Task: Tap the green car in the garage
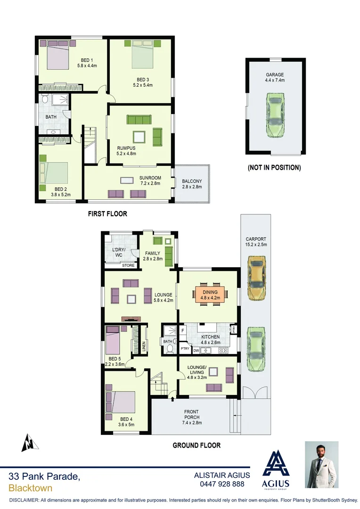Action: pyautogui.click(x=275, y=115)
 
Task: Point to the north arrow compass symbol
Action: pyautogui.click(x=29, y=443)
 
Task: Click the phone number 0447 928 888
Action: pyautogui.click(x=222, y=484)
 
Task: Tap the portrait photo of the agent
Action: pyautogui.click(x=321, y=464)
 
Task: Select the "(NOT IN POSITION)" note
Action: pyautogui.click(x=274, y=167)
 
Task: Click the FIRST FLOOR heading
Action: pyautogui.click(x=107, y=213)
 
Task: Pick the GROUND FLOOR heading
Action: pyautogui.click(x=196, y=445)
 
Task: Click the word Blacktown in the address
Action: pyautogui.click(x=30, y=488)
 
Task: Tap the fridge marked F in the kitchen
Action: pyautogui.click(x=182, y=330)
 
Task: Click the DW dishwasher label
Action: pyautogui.click(x=196, y=350)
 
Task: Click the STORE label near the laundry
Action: pyautogui.click(x=128, y=266)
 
